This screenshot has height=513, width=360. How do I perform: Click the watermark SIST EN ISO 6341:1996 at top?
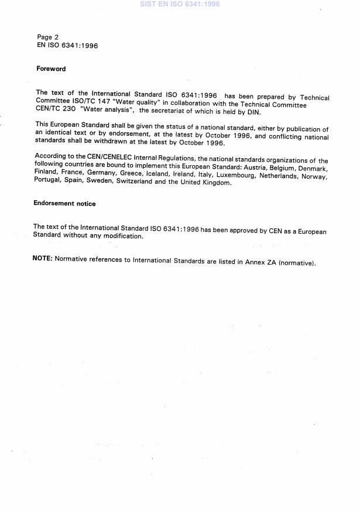click(x=180, y=4)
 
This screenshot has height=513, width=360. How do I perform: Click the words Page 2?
click(x=47, y=37)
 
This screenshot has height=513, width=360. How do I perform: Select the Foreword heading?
click(x=51, y=69)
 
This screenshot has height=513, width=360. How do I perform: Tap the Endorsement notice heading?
click(x=64, y=204)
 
